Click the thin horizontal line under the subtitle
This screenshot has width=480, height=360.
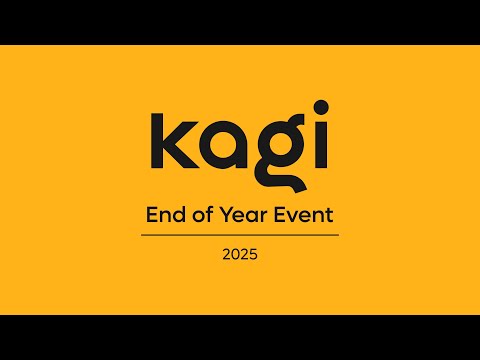(x=240, y=235)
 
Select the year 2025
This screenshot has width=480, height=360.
(x=240, y=255)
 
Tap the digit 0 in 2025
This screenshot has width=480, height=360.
(x=235, y=255)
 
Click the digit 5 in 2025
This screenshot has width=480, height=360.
(x=254, y=255)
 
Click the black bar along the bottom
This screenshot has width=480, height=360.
(x=240, y=337)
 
